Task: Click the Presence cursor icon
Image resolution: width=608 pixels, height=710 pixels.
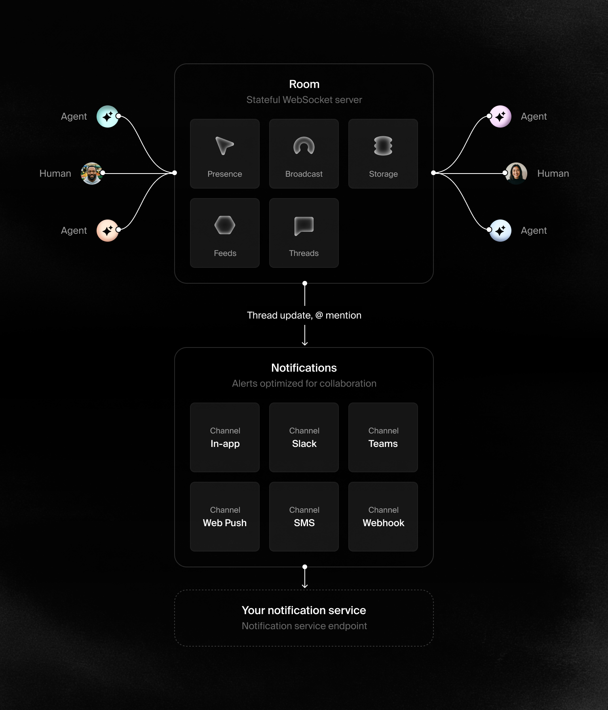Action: (224, 145)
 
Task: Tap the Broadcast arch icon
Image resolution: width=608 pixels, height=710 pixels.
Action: (304, 145)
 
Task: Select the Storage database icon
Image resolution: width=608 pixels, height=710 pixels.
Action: (383, 145)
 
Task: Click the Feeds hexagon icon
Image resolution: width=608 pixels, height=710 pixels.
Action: (225, 225)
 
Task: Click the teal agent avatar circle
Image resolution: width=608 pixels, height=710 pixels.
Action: (108, 116)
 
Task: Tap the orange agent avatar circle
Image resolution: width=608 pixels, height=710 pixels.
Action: (108, 231)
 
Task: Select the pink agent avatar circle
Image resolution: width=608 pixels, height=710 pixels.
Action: (500, 116)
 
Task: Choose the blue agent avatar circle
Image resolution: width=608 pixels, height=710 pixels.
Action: (500, 231)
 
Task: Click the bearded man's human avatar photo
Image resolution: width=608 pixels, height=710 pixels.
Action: (91, 174)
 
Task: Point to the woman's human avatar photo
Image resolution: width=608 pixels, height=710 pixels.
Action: (516, 174)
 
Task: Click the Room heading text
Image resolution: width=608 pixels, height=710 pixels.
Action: (304, 84)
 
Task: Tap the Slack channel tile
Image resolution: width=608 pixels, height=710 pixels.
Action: (304, 437)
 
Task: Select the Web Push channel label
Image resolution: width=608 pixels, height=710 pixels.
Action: (225, 523)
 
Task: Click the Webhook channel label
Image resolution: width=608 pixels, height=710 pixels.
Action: (383, 523)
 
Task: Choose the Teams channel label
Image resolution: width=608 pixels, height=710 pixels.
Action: (383, 444)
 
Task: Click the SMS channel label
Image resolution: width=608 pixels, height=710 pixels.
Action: (304, 523)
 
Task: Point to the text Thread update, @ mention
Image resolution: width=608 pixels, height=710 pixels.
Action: (304, 315)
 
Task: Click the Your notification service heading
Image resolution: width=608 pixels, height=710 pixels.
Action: (304, 610)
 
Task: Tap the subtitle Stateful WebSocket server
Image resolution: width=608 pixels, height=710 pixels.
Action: (304, 100)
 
